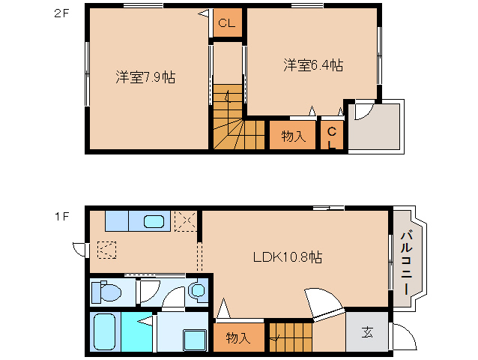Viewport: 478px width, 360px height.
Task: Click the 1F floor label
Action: tap(61, 217)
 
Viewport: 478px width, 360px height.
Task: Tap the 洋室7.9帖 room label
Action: tap(145, 76)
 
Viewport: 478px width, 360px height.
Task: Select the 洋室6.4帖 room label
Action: tap(313, 65)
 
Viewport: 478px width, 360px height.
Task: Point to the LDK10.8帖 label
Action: tap(287, 257)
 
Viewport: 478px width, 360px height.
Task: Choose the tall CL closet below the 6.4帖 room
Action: tap(332, 136)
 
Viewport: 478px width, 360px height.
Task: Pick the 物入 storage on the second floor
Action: tap(293, 136)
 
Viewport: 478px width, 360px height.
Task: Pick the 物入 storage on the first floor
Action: tap(238, 337)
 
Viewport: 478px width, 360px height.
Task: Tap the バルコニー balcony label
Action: tap(405, 262)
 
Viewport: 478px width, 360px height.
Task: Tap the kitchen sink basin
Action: tap(154, 221)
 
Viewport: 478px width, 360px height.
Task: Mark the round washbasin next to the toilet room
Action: tap(198, 290)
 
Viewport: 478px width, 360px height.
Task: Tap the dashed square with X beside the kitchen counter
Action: tap(184, 221)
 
